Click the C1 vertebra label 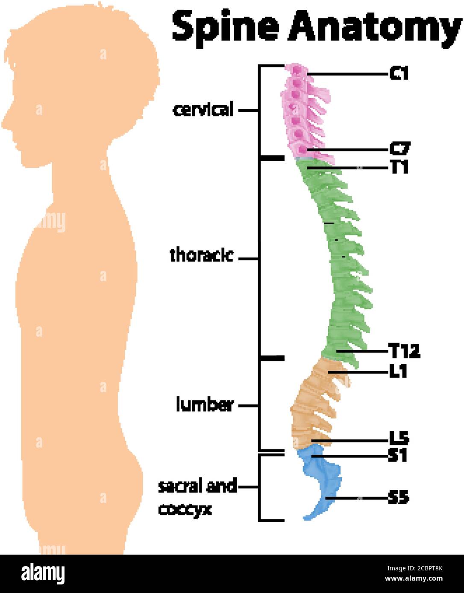click(x=399, y=74)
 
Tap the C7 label click(x=399, y=148)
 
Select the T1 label click(x=399, y=167)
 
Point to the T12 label click(x=404, y=352)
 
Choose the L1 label click(x=398, y=372)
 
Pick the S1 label click(x=398, y=456)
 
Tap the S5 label click(x=399, y=497)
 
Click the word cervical click(x=203, y=110)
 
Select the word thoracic click(x=202, y=256)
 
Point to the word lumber click(x=205, y=405)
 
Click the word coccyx click(x=185, y=509)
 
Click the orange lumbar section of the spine click(x=314, y=404)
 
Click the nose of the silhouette click(x=4, y=124)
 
